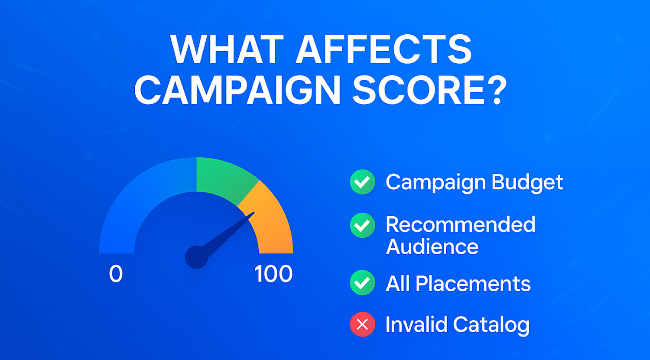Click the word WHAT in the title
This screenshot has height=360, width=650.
tap(227, 49)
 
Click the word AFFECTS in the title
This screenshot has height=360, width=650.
tap(383, 49)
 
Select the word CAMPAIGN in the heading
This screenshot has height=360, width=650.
tap(237, 90)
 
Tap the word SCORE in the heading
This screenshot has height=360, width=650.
tap(418, 90)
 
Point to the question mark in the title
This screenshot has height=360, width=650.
tap(497, 90)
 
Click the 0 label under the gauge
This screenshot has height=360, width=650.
tap(116, 273)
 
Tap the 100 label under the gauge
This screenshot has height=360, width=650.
tap(273, 273)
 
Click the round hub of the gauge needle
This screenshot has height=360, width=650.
tap(196, 257)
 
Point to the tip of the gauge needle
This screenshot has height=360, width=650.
tap(254, 212)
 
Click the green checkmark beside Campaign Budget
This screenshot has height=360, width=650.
tap(362, 182)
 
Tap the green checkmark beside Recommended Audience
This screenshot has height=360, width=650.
tap(362, 225)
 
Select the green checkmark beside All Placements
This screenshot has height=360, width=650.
tap(362, 282)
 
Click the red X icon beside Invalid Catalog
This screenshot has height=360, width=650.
tap(362, 324)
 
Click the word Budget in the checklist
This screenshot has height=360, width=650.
tap(527, 183)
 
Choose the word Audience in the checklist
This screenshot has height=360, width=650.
tap(432, 246)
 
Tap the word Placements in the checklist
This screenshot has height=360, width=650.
tap(473, 283)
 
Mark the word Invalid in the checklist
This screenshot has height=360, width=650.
tap(416, 324)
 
